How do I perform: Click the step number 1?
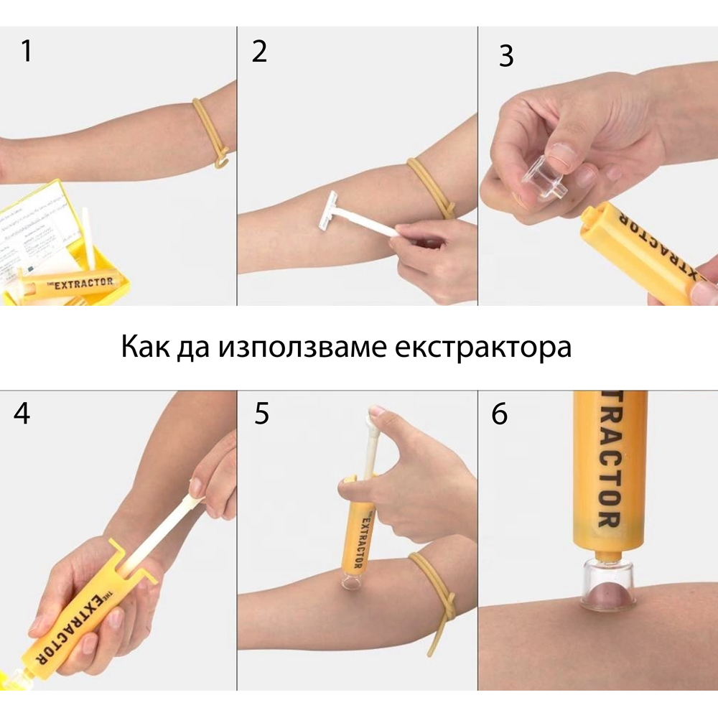pos(27,51)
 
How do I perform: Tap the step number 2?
pos(259,51)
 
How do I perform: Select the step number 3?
pos(506,56)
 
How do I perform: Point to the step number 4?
pos(22,414)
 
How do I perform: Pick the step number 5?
pos(261,414)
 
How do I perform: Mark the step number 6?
pos(499,414)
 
